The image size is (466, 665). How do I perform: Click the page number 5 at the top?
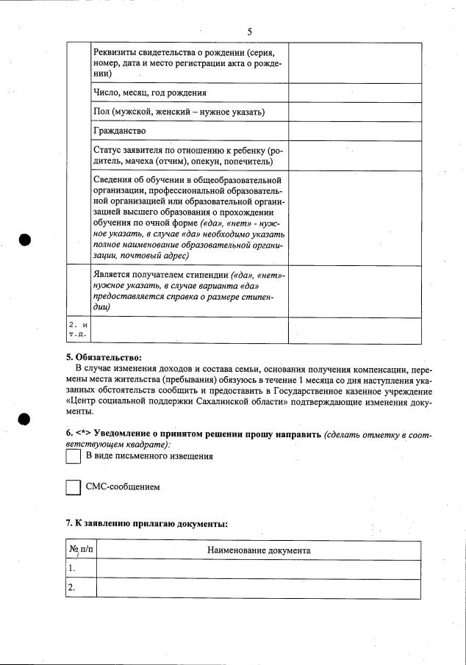[249, 32]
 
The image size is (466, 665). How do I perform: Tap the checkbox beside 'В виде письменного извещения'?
[74, 456]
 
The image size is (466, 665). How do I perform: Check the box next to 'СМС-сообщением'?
[74, 487]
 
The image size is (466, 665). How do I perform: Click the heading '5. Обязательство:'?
[104, 357]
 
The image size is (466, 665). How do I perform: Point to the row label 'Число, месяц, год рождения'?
[149, 93]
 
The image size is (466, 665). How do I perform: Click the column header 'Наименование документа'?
[259, 550]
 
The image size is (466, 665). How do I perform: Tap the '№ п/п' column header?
[81, 550]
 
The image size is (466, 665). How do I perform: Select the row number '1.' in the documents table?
[72, 569]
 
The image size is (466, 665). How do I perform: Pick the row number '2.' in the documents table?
[72, 588]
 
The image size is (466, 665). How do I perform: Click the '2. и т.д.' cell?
[78, 329]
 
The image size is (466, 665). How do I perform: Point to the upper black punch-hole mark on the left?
[24, 240]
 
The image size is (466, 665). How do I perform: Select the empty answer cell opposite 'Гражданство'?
[354, 131]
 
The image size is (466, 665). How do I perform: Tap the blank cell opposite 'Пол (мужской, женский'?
[354, 112]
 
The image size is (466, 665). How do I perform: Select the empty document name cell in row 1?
[259, 569]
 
